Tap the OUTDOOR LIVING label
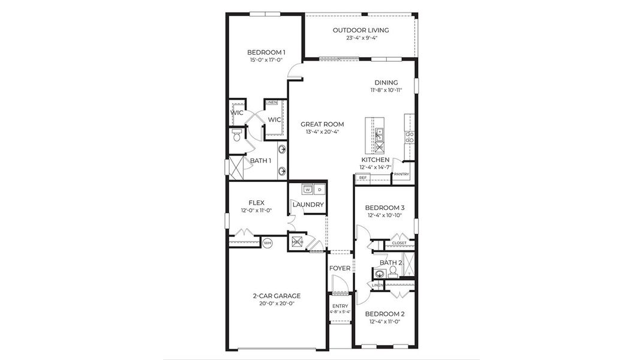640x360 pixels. click(360, 30)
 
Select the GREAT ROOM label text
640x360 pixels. click(322, 124)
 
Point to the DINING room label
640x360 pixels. click(386, 83)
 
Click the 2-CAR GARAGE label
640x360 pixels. click(277, 295)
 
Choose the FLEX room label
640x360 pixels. click(257, 203)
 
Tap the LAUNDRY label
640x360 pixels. click(308, 205)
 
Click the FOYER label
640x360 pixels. click(339, 268)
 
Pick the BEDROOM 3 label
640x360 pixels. click(384, 208)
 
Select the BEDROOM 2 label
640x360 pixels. click(384, 314)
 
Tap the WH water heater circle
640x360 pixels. click(267, 243)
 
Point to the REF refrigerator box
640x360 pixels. click(362, 178)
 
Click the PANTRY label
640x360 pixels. click(401, 175)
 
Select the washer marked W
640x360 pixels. click(308, 190)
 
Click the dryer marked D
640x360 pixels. click(320, 190)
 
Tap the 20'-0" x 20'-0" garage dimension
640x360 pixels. click(277, 303)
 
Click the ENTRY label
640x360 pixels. click(339, 306)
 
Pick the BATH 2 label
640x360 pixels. click(390, 263)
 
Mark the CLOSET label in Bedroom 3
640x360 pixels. click(399, 243)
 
